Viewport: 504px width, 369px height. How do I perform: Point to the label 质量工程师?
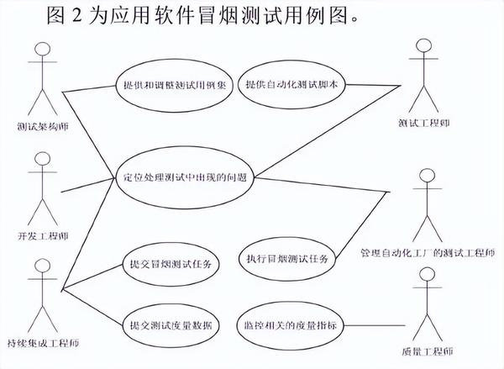coord(427,350)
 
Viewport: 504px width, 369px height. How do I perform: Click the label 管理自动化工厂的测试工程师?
coord(428,251)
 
